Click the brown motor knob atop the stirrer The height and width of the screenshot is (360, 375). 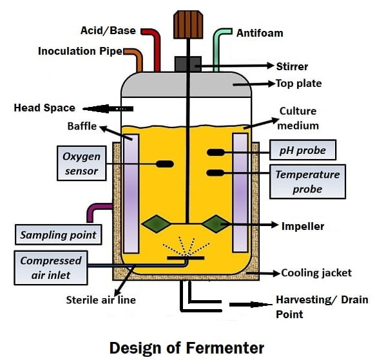pyautogui.click(x=187, y=24)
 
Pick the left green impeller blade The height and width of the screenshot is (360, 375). pyautogui.click(x=157, y=224)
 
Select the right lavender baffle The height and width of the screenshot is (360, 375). pyautogui.click(x=240, y=193)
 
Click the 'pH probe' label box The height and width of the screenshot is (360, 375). pyautogui.click(x=302, y=151)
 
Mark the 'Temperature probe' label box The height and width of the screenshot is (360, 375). pyautogui.click(x=307, y=181)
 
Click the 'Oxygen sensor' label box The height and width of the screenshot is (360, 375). pyautogui.click(x=81, y=163)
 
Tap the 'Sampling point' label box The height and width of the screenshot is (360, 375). pyautogui.click(x=58, y=235)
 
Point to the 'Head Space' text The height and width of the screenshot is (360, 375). pyautogui.click(x=44, y=108)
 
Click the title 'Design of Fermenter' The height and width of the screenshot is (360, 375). pyautogui.click(x=186, y=347)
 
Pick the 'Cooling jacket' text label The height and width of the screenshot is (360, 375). pyautogui.click(x=316, y=272)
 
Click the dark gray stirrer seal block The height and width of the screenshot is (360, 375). pyautogui.click(x=187, y=64)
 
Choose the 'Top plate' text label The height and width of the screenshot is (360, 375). pyautogui.click(x=298, y=83)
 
